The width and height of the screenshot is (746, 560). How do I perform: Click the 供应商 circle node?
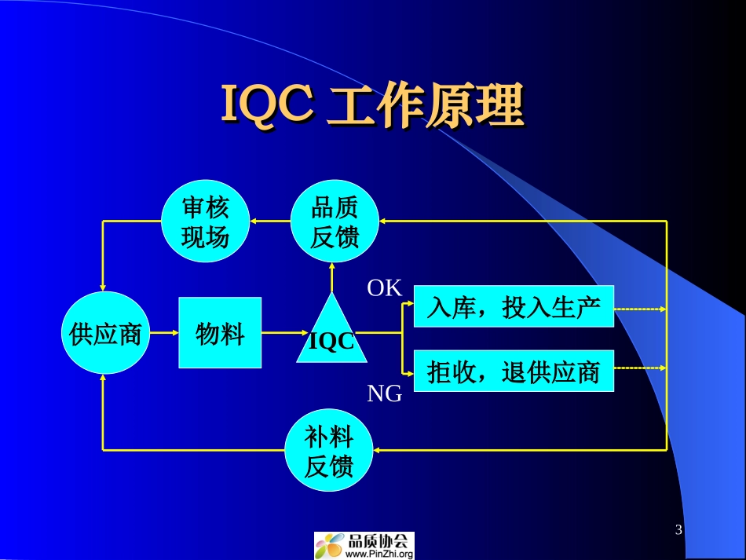click(x=104, y=334)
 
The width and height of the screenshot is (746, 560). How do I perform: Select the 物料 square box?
click(x=220, y=333)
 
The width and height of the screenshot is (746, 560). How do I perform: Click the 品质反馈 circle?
click(x=335, y=222)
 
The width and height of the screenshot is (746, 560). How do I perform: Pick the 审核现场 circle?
click(x=205, y=222)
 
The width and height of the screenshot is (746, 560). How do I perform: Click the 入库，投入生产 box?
click(x=514, y=309)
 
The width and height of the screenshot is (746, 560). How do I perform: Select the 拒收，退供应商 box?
click(x=514, y=370)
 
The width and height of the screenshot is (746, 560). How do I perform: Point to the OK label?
click(x=384, y=289)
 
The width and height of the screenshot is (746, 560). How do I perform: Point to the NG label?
click(x=384, y=393)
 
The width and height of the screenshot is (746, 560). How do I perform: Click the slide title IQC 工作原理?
click(x=371, y=107)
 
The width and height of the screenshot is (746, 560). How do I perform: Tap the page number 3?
click(x=678, y=530)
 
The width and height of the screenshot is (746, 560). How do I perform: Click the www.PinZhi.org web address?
click(x=378, y=554)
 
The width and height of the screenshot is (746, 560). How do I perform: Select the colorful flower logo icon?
click(x=330, y=546)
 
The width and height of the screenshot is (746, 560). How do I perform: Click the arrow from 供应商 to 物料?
click(x=163, y=333)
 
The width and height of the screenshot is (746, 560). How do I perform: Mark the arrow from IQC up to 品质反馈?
click(x=332, y=276)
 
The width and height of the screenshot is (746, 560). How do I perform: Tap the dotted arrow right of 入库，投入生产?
click(x=640, y=309)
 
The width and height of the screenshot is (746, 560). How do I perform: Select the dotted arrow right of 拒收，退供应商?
click(x=640, y=367)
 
